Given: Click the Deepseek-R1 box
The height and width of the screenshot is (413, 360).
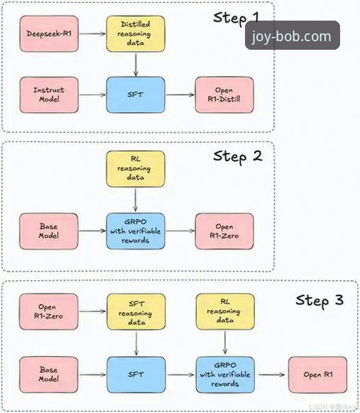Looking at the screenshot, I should coord(49,33).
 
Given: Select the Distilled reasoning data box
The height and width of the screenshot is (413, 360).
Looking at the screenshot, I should coord(135,33).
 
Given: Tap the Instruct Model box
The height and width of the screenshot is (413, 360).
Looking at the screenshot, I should coord(49,95).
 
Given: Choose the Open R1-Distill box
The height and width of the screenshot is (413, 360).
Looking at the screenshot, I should coord(224,95).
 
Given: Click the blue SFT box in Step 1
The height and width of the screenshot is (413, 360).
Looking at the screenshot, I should coord(135,95).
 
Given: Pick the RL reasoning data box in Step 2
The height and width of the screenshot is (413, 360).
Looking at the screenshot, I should coord(135,168).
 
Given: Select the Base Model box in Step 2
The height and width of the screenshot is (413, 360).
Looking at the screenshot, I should coord(49,231).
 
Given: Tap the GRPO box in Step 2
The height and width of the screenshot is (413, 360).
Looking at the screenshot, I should coord(135,231).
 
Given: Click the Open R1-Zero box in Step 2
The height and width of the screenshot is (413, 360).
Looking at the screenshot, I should coord(224,231).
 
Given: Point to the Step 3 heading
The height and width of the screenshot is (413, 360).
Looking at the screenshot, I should coord(320,300).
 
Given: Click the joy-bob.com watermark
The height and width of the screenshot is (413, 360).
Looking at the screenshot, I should coord(293,36).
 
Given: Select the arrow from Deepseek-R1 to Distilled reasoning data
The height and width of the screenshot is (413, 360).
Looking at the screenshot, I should coord(92,33).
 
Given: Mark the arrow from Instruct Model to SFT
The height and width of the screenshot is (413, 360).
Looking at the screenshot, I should coord(92,95).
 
